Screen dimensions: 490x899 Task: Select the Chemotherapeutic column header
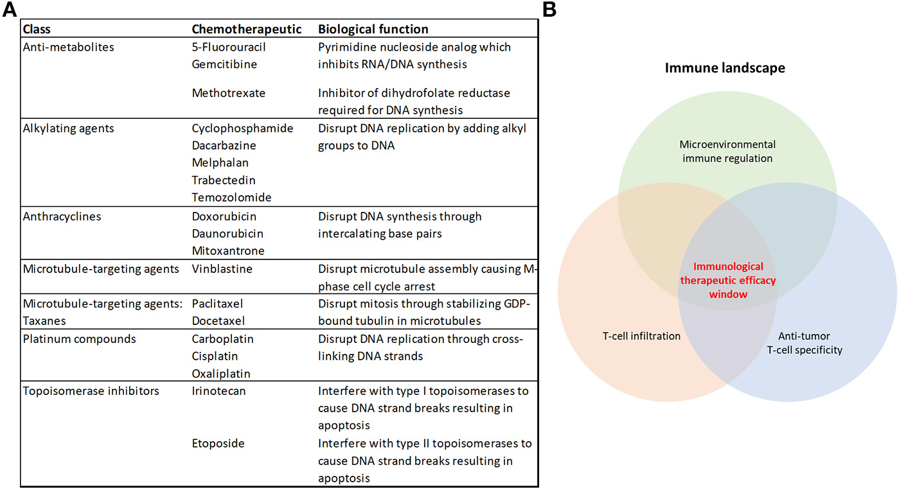tap(247, 30)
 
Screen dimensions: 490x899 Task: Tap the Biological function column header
tap(373, 30)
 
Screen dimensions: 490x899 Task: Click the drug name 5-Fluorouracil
tap(229, 48)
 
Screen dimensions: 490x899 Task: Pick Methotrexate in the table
tap(229, 93)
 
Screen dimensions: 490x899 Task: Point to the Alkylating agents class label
tap(68, 128)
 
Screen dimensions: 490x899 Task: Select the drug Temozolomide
tap(231, 197)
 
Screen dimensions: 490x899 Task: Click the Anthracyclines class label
tap(62, 216)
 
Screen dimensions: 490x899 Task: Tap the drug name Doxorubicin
tap(224, 216)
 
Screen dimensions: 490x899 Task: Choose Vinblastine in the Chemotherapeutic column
tap(222, 269)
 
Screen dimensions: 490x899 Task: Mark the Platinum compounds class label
tap(79, 338)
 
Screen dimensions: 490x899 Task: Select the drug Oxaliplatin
tap(221, 373)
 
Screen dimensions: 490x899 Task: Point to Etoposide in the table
tap(218, 444)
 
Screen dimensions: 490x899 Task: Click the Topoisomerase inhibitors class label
tap(91, 391)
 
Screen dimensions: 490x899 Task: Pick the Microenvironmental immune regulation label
tap(728, 151)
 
